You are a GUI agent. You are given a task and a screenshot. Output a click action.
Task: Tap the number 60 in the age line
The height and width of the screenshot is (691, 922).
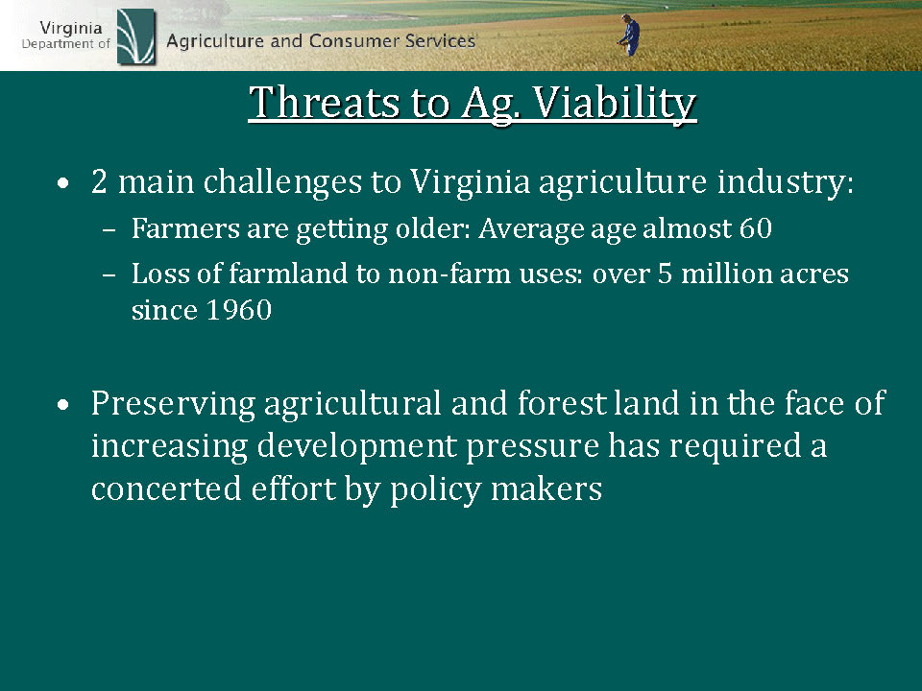[756, 228]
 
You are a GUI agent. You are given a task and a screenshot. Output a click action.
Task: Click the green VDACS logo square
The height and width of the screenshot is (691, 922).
[135, 36]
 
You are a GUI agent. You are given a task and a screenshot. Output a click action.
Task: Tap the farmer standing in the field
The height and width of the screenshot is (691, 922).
[630, 36]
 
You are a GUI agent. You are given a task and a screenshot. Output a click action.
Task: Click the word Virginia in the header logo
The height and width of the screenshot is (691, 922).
[71, 28]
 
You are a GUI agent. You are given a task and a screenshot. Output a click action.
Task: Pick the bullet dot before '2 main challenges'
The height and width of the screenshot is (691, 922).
[63, 184]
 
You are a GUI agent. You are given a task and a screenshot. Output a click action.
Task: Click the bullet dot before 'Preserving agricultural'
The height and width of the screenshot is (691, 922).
[63, 405]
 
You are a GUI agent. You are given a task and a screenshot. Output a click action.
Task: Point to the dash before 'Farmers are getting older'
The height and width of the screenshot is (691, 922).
[109, 230]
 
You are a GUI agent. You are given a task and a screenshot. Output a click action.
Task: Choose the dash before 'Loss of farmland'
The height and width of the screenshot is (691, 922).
[109, 275]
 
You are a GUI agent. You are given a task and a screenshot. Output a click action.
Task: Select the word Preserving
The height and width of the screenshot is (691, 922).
[173, 405]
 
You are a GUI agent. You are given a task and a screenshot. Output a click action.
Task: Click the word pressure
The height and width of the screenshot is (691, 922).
[532, 447]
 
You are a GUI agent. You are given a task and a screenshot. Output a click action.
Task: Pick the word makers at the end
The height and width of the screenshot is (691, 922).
[546, 488]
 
